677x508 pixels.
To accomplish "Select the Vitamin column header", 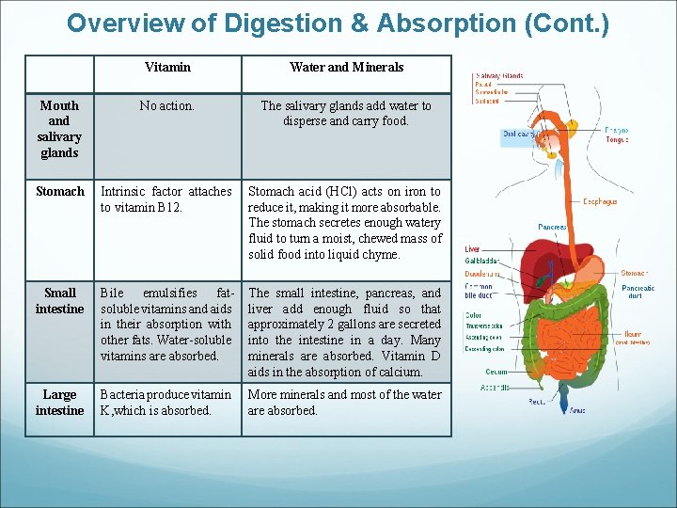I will [167, 67].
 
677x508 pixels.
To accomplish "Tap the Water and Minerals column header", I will [346, 67].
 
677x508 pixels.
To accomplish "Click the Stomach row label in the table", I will [59, 191].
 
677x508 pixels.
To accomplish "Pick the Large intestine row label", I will [59, 403].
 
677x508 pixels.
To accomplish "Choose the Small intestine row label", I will [59, 301].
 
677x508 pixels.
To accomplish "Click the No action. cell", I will [167, 106].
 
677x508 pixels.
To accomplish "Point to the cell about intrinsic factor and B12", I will [166, 199].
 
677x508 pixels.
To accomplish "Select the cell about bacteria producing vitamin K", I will [166, 403].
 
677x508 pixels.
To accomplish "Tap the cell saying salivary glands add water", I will [346, 114].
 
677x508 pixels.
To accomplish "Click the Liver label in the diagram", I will [472, 249].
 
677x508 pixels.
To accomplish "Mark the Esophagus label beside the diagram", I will [600, 200].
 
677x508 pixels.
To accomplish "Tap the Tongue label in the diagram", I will [617, 139].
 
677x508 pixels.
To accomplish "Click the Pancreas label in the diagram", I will [552, 227].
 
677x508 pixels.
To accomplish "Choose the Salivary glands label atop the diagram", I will [499, 75].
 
